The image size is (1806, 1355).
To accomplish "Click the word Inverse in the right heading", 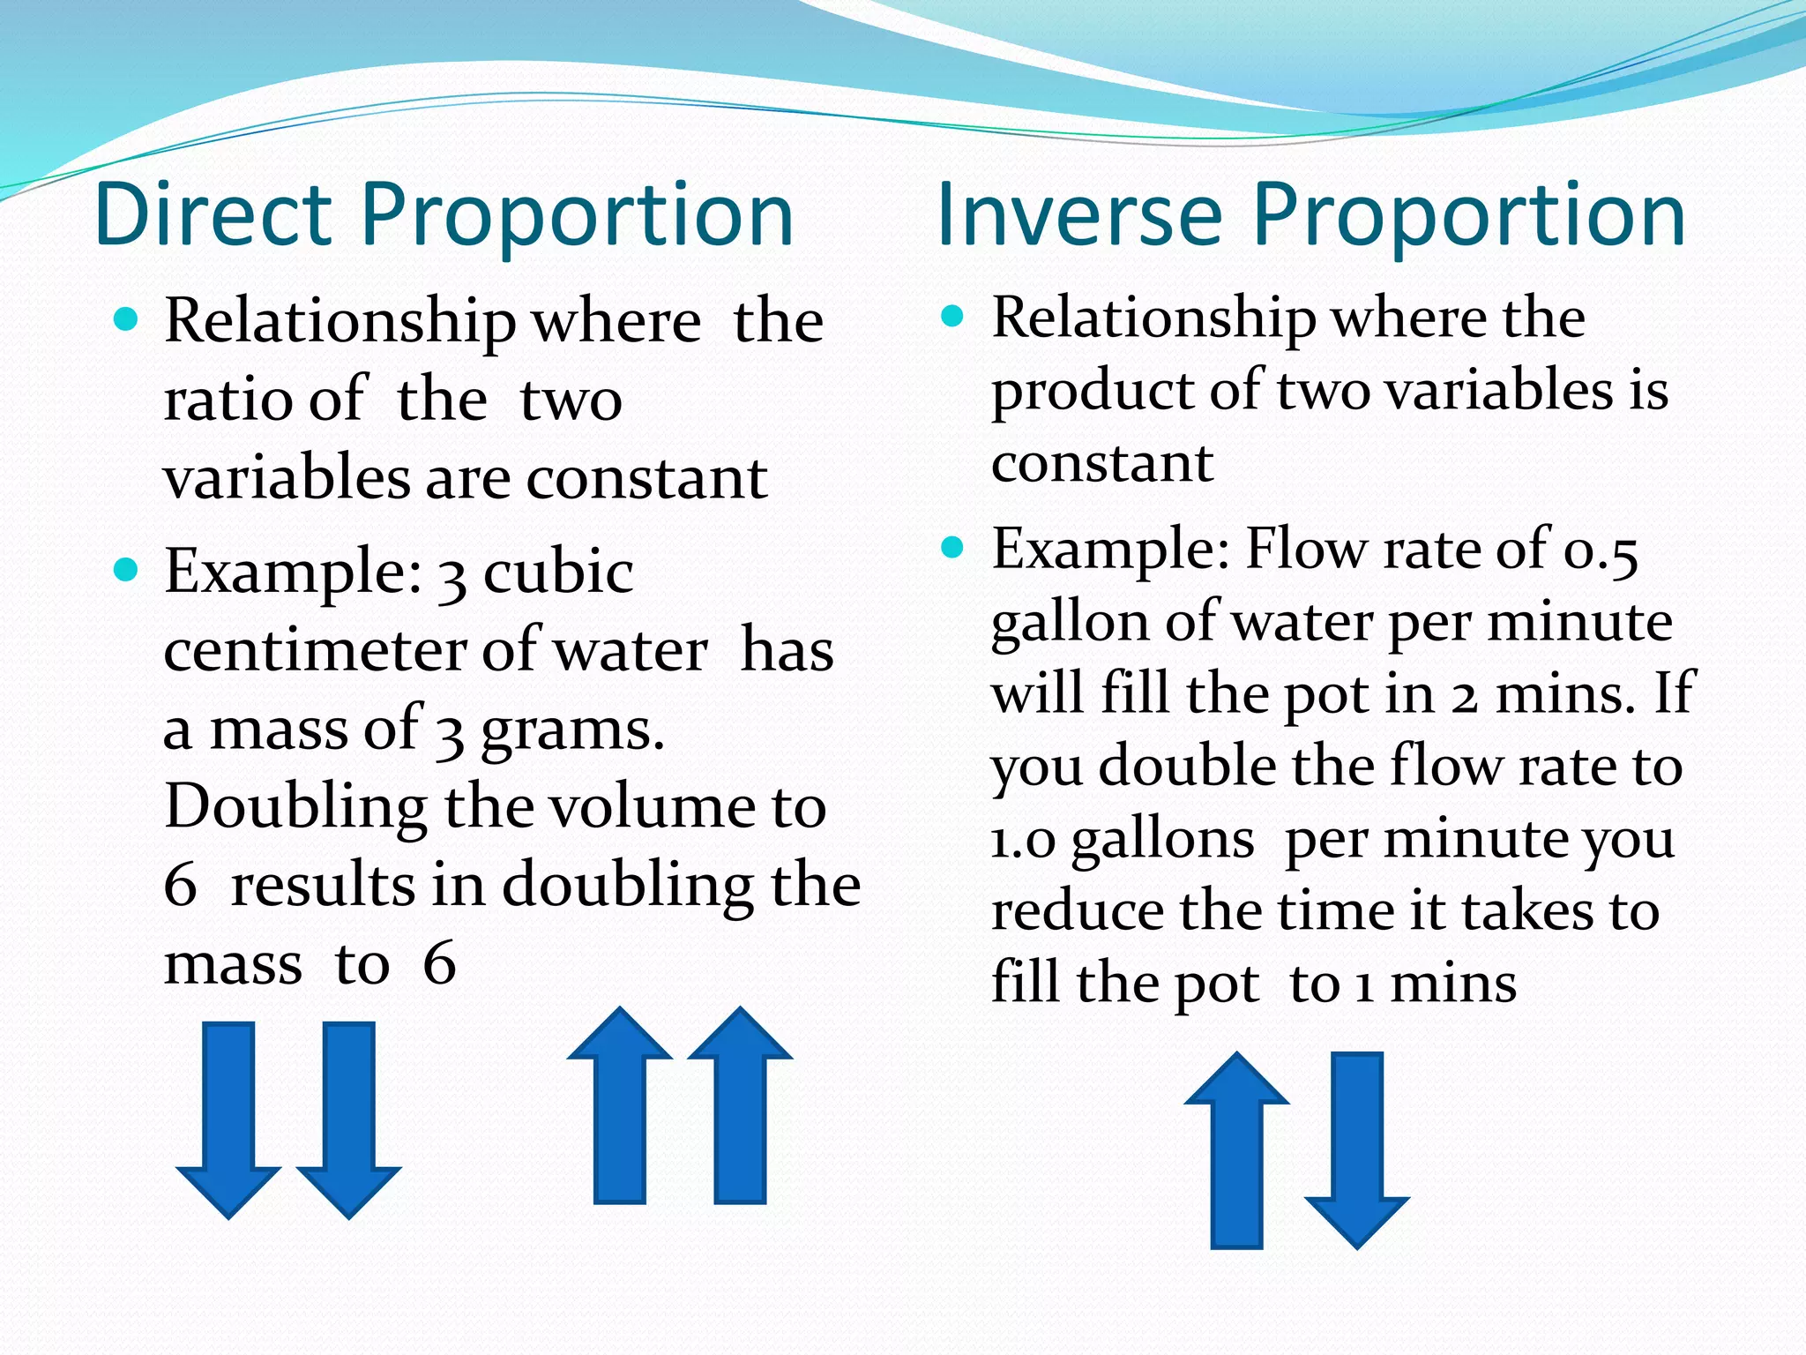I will pyautogui.click(x=1078, y=214).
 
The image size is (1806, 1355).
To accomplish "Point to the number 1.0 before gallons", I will pyautogui.click(x=1023, y=840).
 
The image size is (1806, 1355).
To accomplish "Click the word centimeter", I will pyautogui.click(x=314, y=651).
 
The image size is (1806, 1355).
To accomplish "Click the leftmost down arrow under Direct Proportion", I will pyautogui.click(x=228, y=1119).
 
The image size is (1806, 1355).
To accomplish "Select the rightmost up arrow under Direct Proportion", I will pyautogui.click(x=740, y=1104).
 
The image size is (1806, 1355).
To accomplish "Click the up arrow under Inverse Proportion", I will pyautogui.click(x=1236, y=1149).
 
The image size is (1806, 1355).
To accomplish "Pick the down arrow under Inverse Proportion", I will pyautogui.click(x=1356, y=1150).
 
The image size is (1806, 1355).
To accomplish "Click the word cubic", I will pyautogui.click(x=557, y=572).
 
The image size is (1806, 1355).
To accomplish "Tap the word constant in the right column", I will pyautogui.click(x=1102, y=463).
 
